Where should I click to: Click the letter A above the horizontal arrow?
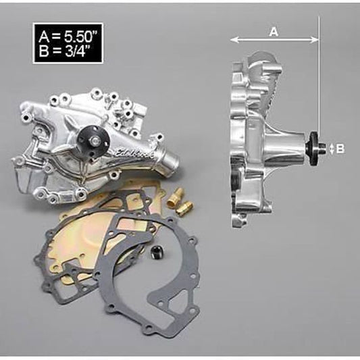click(274, 31)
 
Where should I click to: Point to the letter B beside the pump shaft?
click(340, 149)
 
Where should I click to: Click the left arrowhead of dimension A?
click(234, 40)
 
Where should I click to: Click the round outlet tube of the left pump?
click(169, 161)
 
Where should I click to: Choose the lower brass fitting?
click(182, 207)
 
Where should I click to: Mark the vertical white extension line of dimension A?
click(318, 81)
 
